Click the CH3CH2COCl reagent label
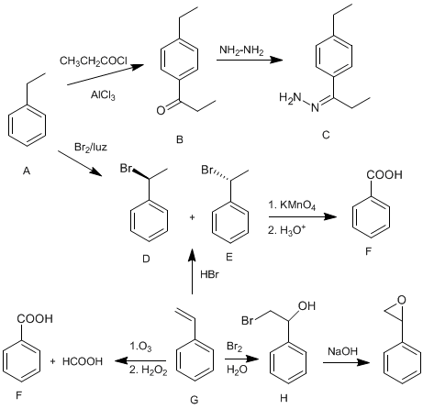(94, 61)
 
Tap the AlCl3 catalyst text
(103, 95)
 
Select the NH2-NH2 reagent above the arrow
(241, 50)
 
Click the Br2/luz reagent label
(91, 148)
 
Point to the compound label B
(180, 139)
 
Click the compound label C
(326, 135)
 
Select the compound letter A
(27, 171)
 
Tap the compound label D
(146, 260)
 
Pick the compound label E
(229, 258)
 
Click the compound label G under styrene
(195, 399)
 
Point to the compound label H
(284, 398)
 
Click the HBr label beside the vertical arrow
(209, 274)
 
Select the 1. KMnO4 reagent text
(292, 205)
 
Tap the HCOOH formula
(83, 361)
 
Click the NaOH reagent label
(342, 351)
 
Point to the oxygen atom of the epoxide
(402, 300)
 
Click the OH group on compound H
(306, 305)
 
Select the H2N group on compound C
(290, 98)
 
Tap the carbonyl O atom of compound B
(161, 111)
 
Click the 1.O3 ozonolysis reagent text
(140, 347)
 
